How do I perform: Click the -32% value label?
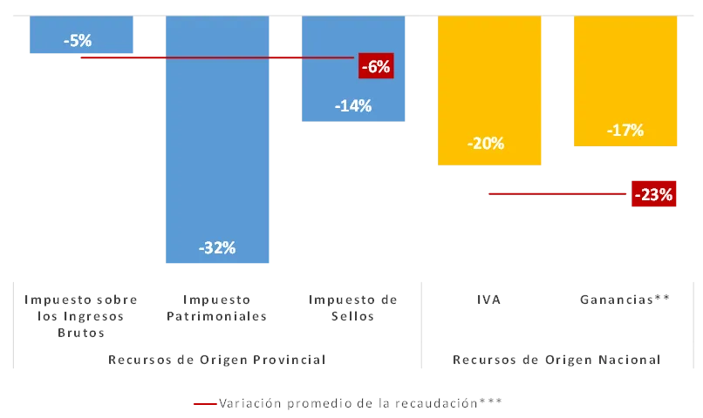217,247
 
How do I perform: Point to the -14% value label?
353,106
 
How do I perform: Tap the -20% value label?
485,144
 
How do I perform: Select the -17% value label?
625,131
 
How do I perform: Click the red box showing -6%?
376,65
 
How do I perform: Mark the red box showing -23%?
653,195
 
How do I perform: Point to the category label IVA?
488,300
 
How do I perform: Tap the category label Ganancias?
623,300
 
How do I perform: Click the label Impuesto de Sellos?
352,308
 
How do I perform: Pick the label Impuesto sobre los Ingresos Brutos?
80,316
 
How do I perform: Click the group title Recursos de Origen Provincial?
216,360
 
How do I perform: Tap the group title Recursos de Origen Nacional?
556,360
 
